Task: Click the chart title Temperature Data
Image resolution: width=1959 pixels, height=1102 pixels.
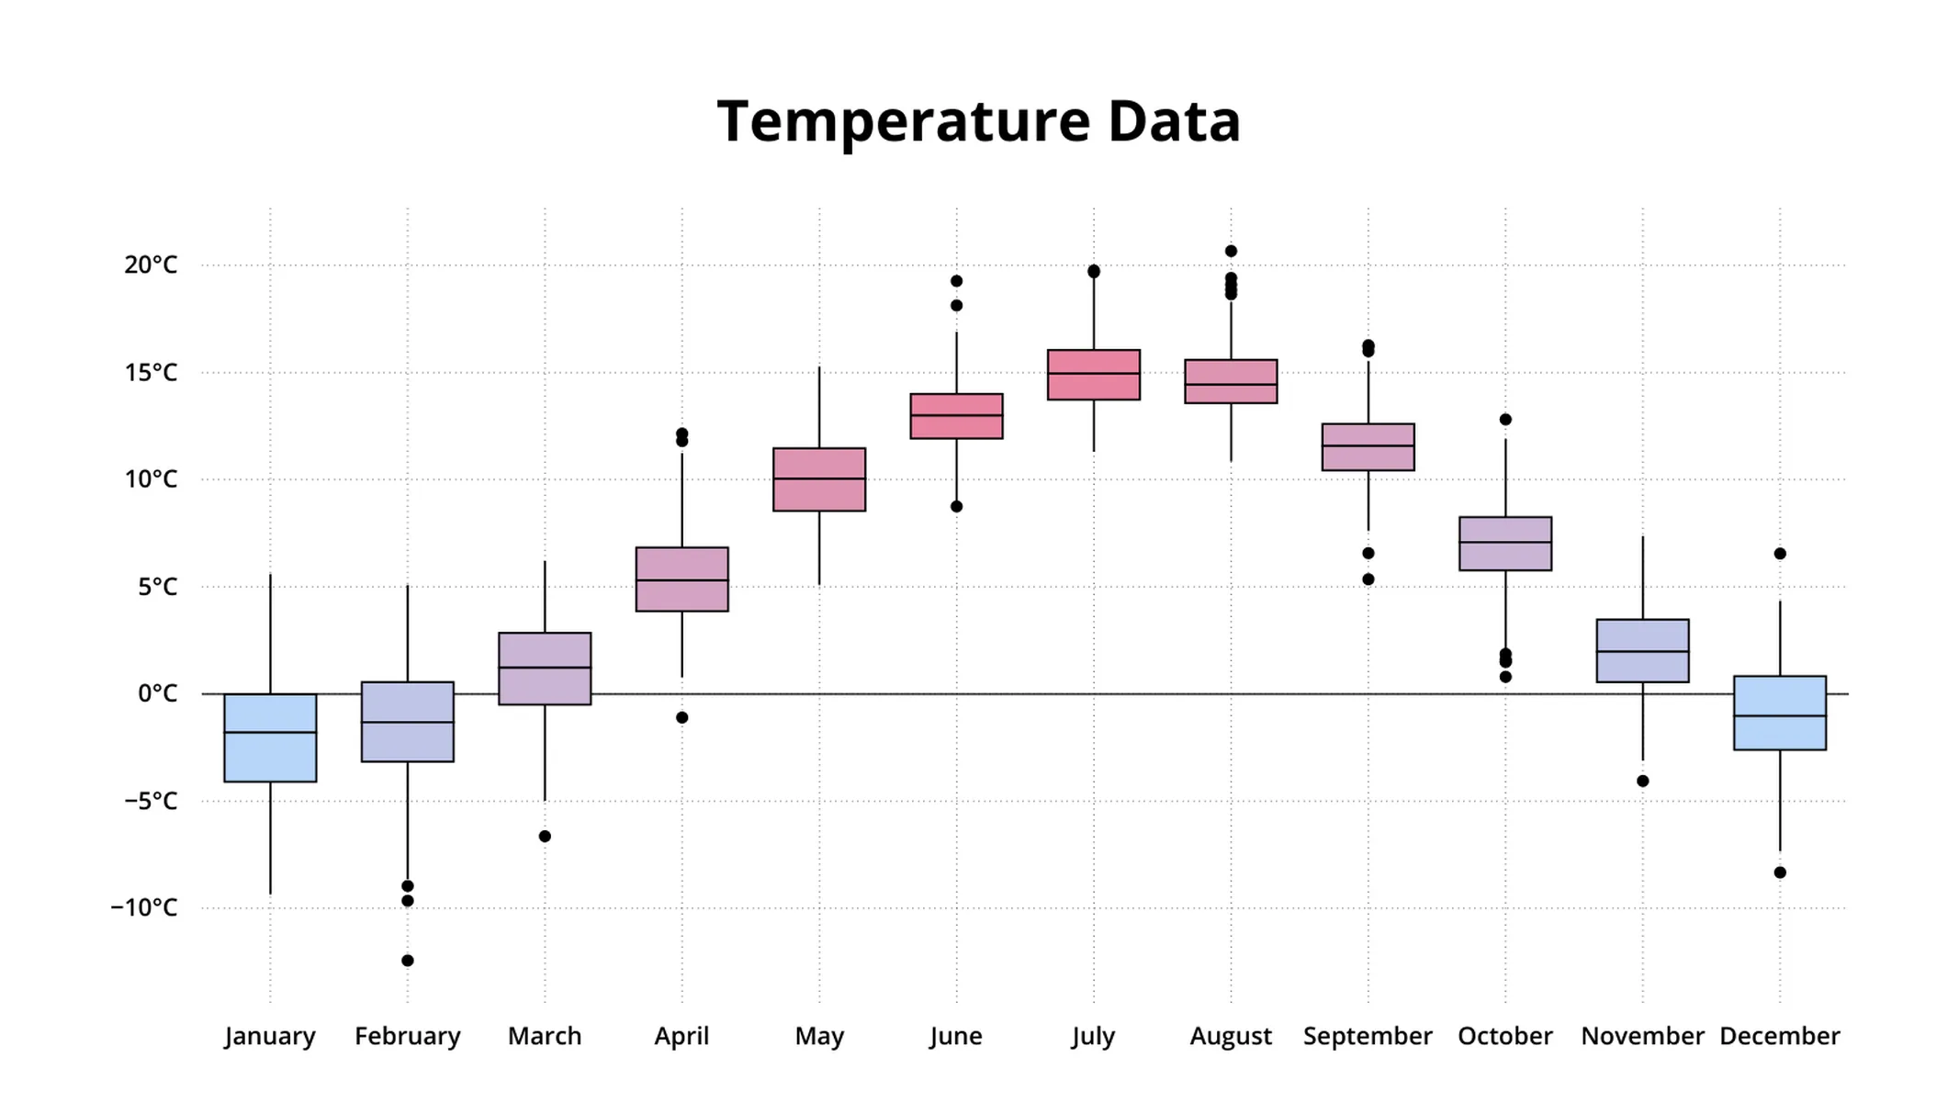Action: tap(978, 121)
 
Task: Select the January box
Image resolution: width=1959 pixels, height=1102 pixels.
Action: tap(270, 737)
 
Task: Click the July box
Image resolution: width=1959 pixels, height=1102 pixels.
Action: tap(1093, 375)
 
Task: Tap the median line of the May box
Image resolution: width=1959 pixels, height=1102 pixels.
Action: tap(818, 478)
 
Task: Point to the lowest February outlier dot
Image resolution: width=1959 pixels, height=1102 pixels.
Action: tap(408, 961)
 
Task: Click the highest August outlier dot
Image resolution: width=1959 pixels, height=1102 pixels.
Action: tap(1231, 251)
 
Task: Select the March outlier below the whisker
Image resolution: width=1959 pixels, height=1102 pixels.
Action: tap(545, 837)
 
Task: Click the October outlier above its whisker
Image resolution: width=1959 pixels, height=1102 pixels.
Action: tap(1505, 420)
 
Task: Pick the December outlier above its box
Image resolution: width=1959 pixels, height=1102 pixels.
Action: tap(1780, 554)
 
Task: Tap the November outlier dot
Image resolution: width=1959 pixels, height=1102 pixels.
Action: tap(1643, 782)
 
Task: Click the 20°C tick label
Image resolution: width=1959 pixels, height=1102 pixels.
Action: tap(151, 265)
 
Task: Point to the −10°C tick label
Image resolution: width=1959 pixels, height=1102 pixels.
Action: tap(144, 908)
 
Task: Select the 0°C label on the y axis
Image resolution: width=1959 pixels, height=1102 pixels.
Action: tap(157, 694)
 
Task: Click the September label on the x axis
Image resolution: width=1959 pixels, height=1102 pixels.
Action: tap(1368, 1037)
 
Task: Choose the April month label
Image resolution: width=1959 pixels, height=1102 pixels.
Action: tap(681, 1037)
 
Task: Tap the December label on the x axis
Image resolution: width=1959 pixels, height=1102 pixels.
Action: tap(1780, 1037)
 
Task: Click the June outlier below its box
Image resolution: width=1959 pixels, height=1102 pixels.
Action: tap(956, 507)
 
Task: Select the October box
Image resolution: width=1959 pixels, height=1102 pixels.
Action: tap(1505, 544)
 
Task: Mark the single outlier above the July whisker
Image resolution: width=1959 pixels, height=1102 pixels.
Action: tap(1093, 271)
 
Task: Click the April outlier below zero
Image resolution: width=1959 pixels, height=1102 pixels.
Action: tap(681, 718)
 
